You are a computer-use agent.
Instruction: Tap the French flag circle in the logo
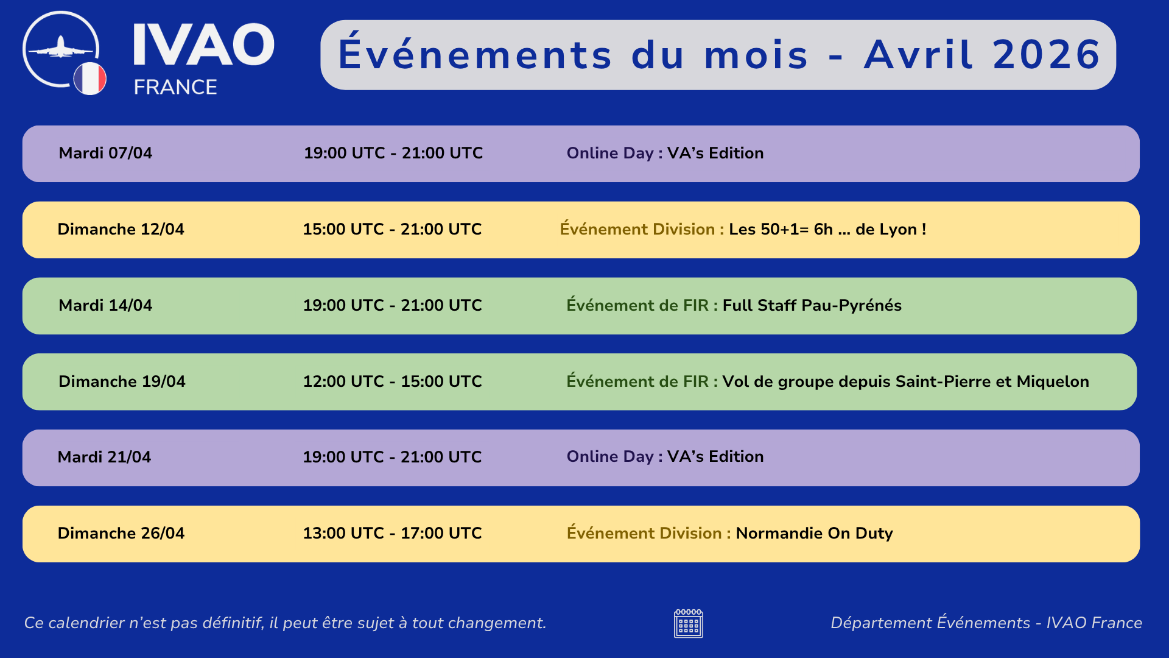(x=90, y=79)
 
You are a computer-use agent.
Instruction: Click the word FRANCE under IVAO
(x=175, y=87)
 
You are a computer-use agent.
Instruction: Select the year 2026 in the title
(x=1047, y=55)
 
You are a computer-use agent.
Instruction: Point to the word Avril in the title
(x=919, y=55)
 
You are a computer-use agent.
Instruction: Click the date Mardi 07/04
(x=105, y=153)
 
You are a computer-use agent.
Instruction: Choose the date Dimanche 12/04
(x=121, y=229)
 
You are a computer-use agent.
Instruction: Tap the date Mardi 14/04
(x=105, y=305)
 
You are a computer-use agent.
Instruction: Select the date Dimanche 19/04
(x=122, y=381)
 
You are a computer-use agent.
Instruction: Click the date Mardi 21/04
(x=104, y=457)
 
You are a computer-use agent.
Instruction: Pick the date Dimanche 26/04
(x=121, y=533)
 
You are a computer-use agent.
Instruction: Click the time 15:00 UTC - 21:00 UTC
(x=392, y=229)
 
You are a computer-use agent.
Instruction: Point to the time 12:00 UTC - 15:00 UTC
(x=393, y=381)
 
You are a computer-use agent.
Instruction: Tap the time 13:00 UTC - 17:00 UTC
(x=392, y=533)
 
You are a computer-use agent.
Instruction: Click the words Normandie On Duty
(x=814, y=533)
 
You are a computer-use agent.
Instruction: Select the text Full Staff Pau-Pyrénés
(x=812, y=305)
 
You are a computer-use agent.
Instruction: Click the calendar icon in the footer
(x=689, y=623)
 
